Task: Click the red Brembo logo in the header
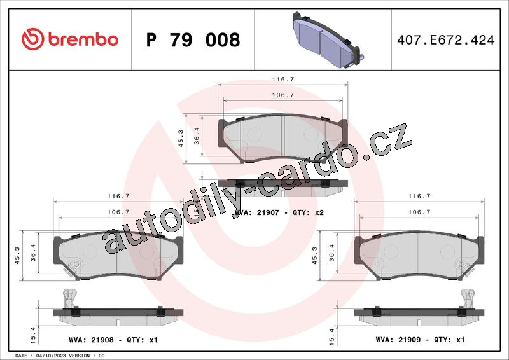click(70, 39)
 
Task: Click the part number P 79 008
click(193, 40)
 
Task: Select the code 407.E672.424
click(446, 40)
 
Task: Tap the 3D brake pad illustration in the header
click(328, 40)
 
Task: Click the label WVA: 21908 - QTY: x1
click(113, 340)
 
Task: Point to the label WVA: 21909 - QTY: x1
click(420, 340)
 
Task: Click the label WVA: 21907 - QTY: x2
click(279, 212)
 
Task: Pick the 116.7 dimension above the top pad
click(282, 80)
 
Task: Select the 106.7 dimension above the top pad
click(282, 95)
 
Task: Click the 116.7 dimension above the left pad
click(118, 196)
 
